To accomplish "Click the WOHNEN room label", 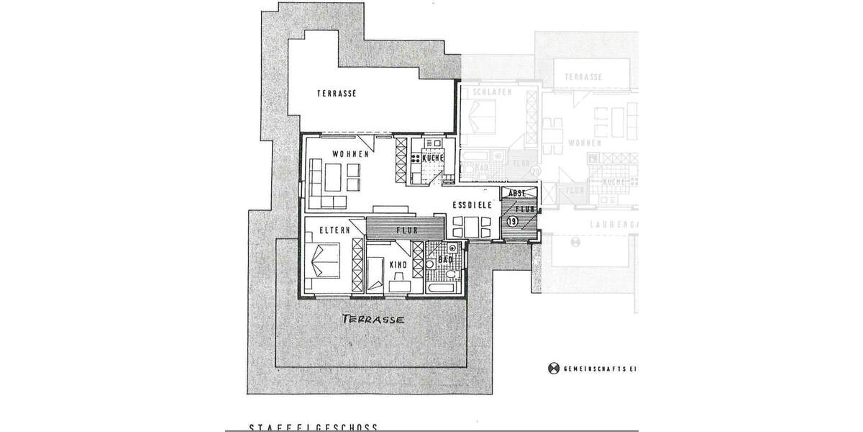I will [x=350, y=154].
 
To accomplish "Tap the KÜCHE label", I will [x=432, y=158].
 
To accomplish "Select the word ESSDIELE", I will [x=472, y=205].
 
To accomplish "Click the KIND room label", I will [x=398, y=265].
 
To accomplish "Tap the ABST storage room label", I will [x=519, y=193].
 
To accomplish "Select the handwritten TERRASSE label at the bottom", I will [x=373, y=318].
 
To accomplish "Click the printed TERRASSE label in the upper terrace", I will [x=337, y=93].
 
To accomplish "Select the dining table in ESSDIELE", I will [x=472, y=225].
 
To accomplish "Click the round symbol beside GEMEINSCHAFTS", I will [x=554, y=368].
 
